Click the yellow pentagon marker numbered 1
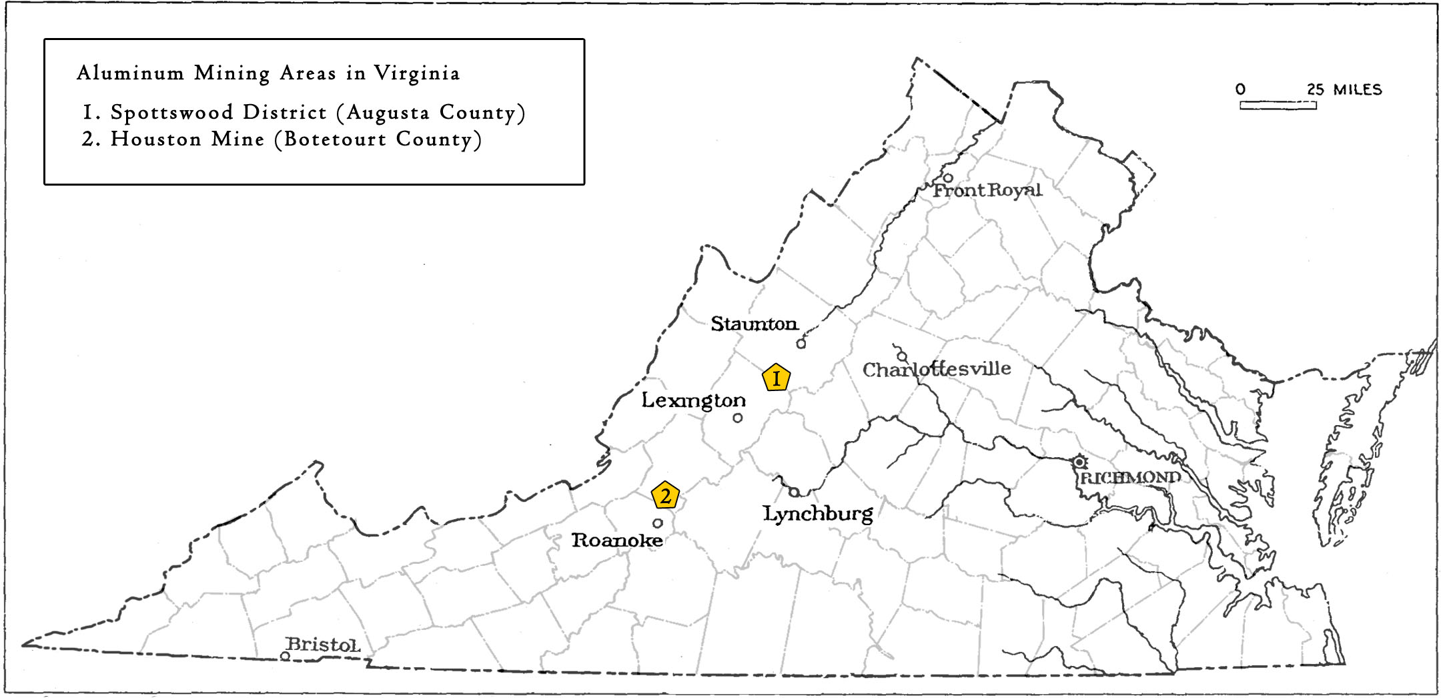point(776,378)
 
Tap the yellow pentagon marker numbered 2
point(665,495)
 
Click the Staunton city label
point(754,324)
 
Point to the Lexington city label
point(693,400)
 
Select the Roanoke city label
point(617,540)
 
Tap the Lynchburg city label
point(818,514)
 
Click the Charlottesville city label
point(937,369)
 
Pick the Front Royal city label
point(987,191)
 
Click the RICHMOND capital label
point(1130,478)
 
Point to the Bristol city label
point(323,645)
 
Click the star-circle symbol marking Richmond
point(1079,462)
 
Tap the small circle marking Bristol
point(285,656)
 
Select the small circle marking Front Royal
point(947,178)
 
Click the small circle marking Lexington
point(737,418)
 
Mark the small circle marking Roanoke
point(657,523)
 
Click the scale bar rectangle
point(1278,105)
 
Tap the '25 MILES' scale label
point(1344,89)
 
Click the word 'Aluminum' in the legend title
point(130,73)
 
